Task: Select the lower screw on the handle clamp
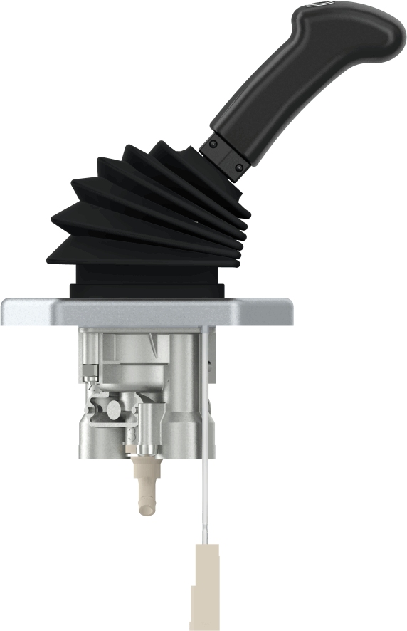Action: point(238,167)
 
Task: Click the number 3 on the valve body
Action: point(132,432)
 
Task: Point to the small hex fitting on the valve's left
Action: point(89,370)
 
